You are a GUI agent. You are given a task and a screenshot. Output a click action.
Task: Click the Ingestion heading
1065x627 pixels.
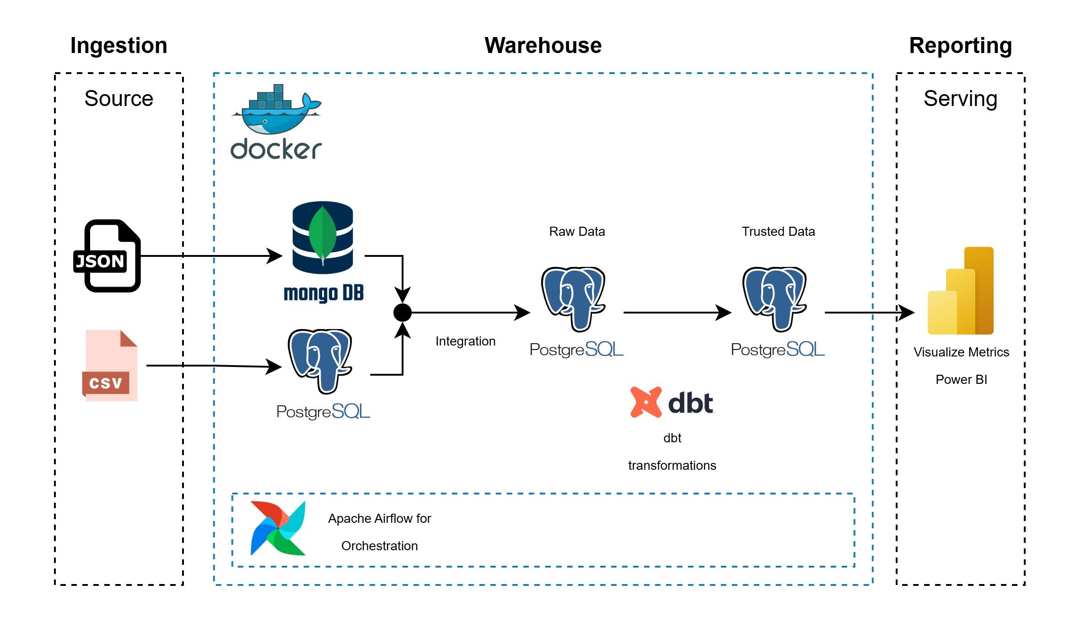click(118, 46)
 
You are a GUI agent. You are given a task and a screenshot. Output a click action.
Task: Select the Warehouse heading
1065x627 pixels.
click(543, 46)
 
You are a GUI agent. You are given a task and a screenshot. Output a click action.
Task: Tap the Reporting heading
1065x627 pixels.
click(960, 46)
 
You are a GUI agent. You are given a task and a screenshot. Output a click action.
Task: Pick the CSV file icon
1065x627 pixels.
click(110, 366)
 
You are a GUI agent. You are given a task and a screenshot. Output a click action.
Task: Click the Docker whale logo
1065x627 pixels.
click(276, 110)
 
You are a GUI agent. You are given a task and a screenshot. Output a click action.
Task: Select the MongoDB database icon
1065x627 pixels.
click(323, 238)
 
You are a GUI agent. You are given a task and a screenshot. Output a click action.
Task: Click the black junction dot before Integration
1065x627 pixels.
click(403, 313)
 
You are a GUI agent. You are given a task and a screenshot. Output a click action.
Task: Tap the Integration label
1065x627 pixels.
click(465, 341)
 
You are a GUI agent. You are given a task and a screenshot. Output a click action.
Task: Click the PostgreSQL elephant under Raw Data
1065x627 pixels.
click(574, 299)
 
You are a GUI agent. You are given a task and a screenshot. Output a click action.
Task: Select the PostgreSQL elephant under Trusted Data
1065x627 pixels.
click(775, 299)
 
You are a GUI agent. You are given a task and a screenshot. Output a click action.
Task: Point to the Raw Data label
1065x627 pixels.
click(577, 232)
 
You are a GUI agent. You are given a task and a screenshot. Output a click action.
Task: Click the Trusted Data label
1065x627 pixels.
click(778, 232)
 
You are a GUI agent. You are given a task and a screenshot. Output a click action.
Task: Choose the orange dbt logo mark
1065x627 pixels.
click(646, 402)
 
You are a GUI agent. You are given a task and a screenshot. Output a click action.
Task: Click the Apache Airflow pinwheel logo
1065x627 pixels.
click(278, 528)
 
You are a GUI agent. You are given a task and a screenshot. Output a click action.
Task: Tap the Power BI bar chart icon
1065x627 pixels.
click(961, 291)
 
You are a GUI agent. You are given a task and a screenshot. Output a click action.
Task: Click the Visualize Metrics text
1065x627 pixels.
click(961, 352)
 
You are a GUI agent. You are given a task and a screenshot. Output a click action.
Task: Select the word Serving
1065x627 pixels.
click(960, 99)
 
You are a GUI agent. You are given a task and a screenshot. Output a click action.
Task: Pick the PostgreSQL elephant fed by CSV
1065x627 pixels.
click(320, 361)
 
